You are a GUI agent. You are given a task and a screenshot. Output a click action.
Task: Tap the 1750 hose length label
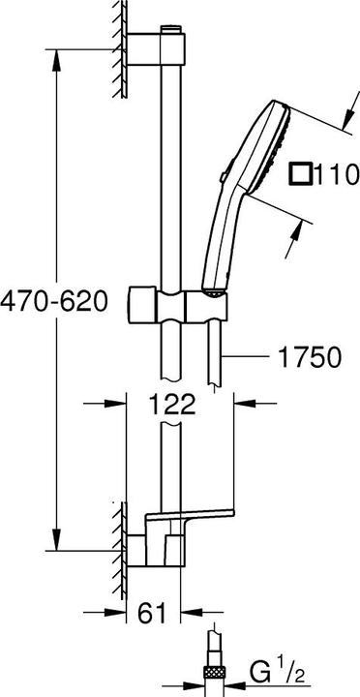[x=309, y=358]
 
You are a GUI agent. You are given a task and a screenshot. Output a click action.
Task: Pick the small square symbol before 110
[x=301, y=175]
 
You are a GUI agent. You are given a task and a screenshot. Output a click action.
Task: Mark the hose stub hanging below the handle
[x=222, y=358]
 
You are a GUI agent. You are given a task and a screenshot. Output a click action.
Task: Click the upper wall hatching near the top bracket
[x=121, y=48]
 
